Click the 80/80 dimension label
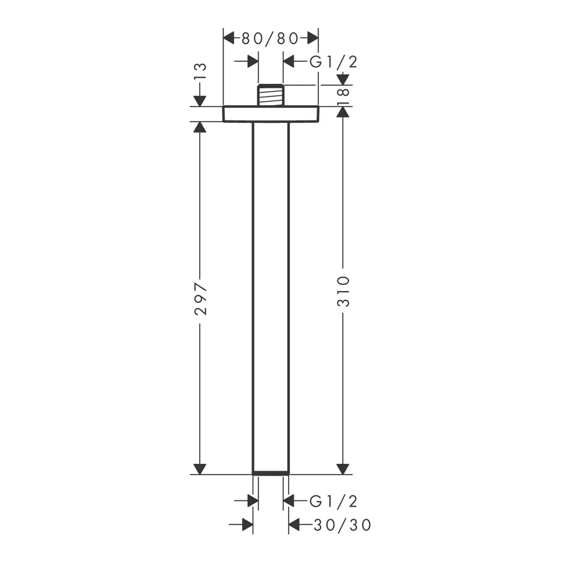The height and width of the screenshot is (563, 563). (270, 38)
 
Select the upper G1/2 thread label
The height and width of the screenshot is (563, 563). (333, 62)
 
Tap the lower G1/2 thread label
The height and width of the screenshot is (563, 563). (333, 501)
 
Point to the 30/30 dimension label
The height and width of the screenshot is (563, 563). (342, 525)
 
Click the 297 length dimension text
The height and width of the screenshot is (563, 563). (201, 298)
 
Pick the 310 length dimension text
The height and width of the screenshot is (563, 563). (343, 291)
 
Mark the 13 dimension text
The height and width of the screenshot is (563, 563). (201, 72)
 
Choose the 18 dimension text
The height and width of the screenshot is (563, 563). (343, 96)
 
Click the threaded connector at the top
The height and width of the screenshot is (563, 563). (271, 95)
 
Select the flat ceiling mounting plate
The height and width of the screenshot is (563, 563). (271, 114)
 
